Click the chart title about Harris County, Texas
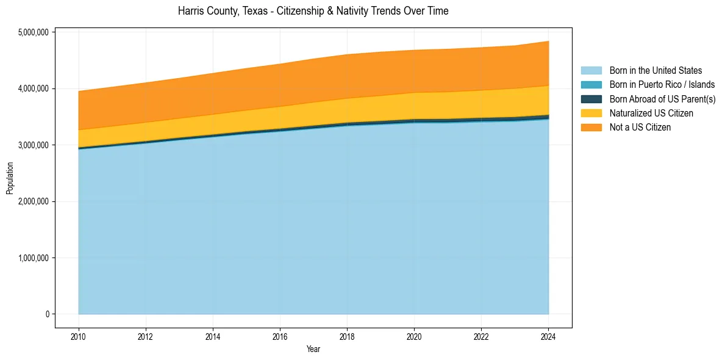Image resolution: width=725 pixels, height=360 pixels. (x=313, y=11)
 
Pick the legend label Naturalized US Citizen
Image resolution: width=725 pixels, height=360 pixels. (x=651, y=113)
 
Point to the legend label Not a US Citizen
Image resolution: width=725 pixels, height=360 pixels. (x=640, y=128)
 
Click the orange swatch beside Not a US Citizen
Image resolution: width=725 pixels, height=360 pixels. (x=591, y=128)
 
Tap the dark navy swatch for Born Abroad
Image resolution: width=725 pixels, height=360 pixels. (x=591, y=99)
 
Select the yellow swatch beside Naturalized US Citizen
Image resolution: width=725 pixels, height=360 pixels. (x=591, y=113)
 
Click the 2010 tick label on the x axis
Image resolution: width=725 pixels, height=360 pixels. (x=78, y=336)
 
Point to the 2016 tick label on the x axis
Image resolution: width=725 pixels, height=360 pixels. (x=280, y=336)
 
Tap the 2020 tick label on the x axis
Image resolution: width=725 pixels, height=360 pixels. (x=414, y=336)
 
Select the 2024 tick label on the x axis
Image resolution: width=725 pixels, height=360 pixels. (x=548, y=336)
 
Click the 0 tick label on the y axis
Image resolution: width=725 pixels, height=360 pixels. (x=46, y=314)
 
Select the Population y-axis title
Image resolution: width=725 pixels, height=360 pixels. (x=10, y=178)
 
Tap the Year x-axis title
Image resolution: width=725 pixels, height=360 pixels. (x=313, y=350)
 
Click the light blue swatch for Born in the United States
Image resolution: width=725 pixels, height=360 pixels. (x=591, y=71)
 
